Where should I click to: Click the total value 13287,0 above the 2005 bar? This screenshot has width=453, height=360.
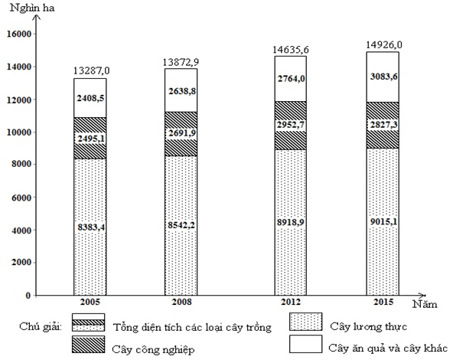click(90, 71)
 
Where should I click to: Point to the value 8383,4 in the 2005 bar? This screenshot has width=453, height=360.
click(90, 227)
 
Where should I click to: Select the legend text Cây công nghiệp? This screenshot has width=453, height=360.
click(150, 350)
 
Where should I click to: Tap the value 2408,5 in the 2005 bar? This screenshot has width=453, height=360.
click(90, 98)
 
